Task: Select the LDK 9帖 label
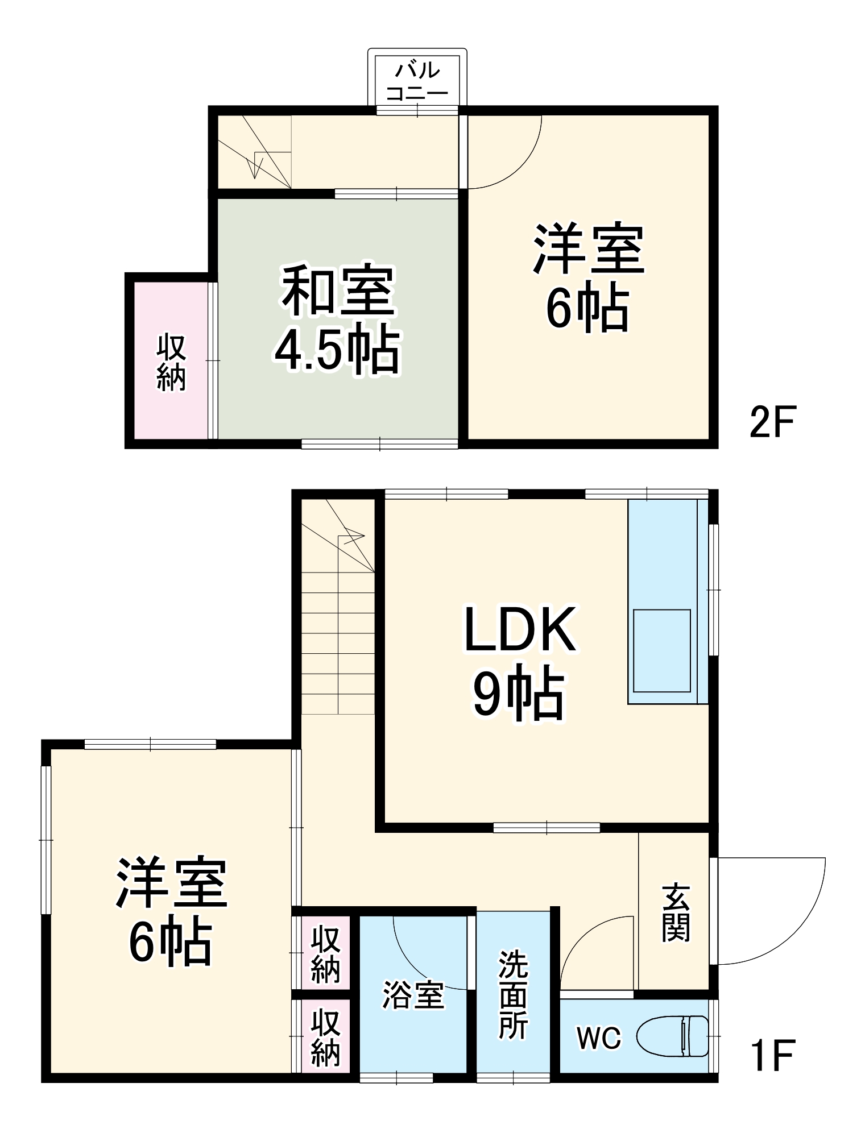(520, 662)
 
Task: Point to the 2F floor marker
(773, 422)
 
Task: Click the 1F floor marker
(773, 1055)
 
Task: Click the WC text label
(599, 1038)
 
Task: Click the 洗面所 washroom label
(513, 995)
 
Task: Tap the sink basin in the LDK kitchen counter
(661, 650)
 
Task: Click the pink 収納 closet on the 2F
(171, 363)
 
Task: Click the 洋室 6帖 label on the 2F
(588, 279)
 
